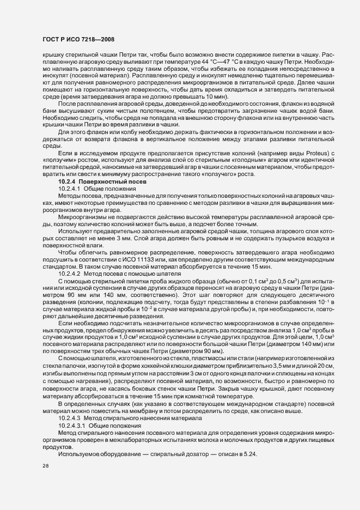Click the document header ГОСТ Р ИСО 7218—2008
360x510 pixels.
78,39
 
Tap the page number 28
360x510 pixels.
46,466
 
